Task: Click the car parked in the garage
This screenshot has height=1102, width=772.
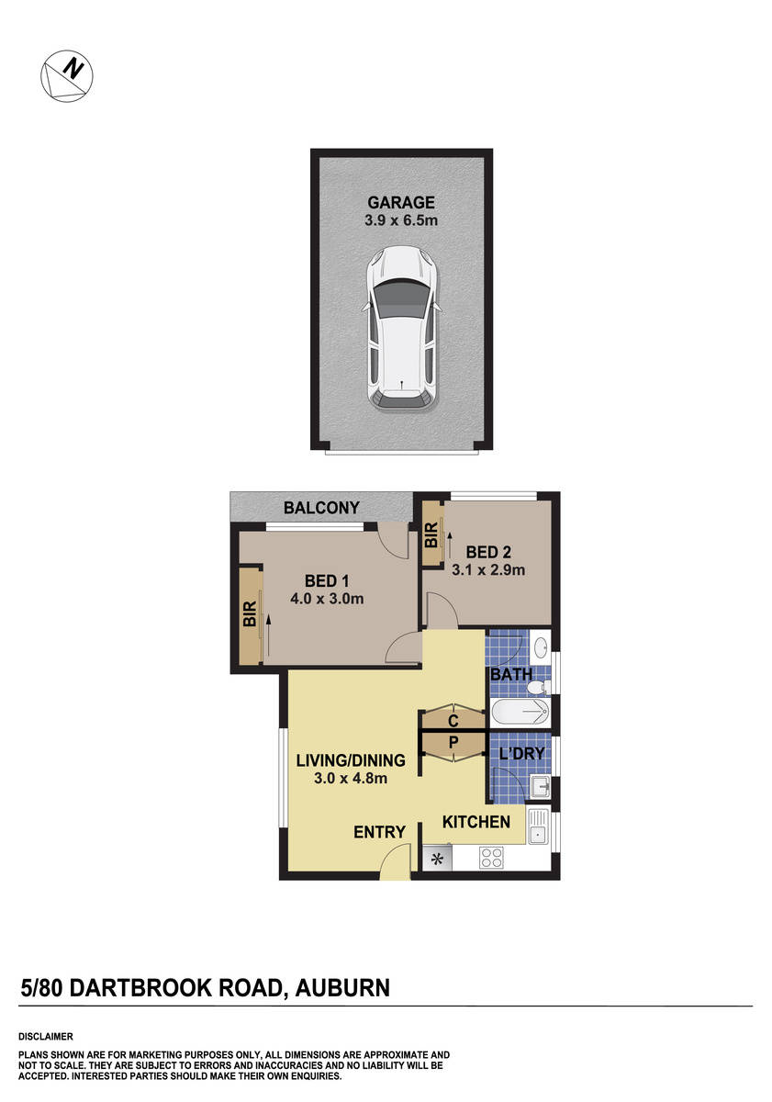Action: (x=401, y=328)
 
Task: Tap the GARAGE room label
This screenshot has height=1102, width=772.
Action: (x=401, y=202)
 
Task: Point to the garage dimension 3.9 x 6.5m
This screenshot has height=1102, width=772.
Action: (x=401, y=220)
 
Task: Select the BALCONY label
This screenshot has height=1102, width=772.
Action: (x=320, y=507)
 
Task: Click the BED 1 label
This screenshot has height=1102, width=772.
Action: (x=328, y=580)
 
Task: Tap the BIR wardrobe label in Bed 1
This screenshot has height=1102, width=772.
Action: (x=249, y=614)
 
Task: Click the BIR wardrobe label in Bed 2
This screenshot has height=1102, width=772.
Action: (x=431, y=534)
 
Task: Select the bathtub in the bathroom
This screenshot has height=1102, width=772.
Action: (x=519, y=713)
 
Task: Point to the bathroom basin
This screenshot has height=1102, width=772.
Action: (x=542, y=645)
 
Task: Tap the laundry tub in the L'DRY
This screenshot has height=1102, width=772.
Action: (x=542, y=784)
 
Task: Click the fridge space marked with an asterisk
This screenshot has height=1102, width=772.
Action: (x=438, y=860)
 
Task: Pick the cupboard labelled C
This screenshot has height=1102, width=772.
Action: (x=453, y=721)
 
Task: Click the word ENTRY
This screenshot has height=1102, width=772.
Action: (x=379, y=832)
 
